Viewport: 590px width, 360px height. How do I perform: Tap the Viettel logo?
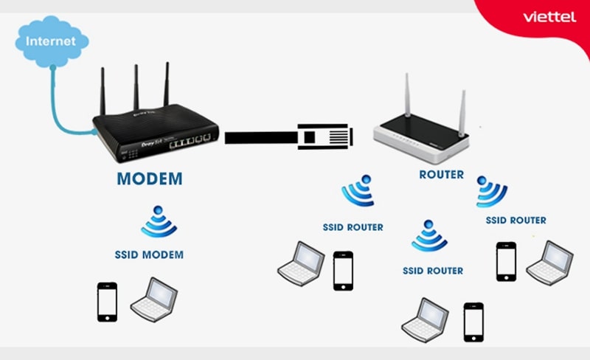point(549,16)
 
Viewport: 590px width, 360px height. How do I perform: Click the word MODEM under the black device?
point(149,179)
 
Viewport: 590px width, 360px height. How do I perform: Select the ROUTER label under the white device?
point(441,175)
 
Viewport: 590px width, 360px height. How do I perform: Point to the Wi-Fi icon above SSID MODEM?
point(159,222)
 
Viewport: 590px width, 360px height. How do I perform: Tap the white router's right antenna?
point(462,111)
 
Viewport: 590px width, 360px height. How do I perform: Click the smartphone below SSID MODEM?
point(107,301)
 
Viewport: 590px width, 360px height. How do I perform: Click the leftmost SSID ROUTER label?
point(353,227)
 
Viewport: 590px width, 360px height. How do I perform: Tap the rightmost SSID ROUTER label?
point(516,220)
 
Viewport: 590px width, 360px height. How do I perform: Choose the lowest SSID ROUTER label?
point(433,271)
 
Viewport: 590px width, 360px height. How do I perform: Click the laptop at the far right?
point(549,261)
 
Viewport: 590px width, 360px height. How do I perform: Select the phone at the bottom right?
point(473,322)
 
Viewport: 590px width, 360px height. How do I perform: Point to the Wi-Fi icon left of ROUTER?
point(359,191)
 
